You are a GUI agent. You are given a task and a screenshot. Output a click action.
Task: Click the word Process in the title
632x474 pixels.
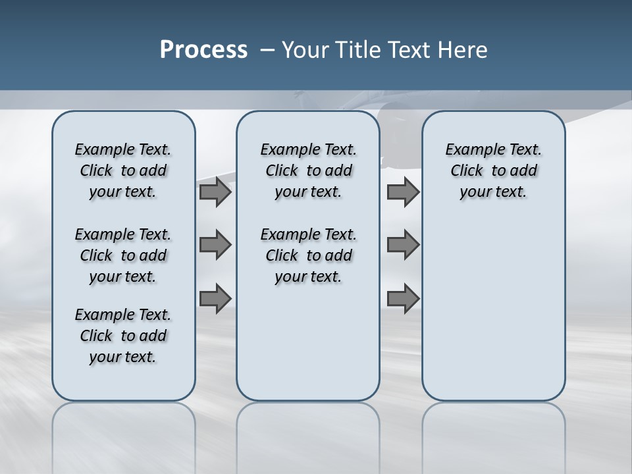pos(203,50)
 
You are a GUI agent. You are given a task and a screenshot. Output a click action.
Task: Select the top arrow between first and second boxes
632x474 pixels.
pos(215,192)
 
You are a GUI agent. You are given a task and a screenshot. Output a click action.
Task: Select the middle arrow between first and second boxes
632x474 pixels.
pos(215,245)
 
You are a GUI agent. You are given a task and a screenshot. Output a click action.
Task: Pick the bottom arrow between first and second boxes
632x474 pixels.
pos(215,298)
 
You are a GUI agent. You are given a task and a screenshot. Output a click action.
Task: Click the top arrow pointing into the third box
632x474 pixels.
pos(402,192)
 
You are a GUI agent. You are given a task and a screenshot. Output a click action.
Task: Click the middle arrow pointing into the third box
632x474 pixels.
pos(402,245)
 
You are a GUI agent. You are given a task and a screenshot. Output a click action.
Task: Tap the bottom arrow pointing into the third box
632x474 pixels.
pos(402,298)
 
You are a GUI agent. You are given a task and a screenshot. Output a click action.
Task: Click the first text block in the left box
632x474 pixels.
pos(123,171)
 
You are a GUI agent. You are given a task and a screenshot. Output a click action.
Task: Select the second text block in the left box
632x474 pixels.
pos(123,255)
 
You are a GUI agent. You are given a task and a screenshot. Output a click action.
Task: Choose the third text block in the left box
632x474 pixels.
pos(123,336)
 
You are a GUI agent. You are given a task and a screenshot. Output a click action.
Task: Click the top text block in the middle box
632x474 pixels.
pos(308,171)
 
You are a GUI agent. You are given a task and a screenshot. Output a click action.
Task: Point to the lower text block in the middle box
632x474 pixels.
pos(308,255)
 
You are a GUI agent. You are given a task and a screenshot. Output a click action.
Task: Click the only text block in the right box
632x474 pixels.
pos(493,171)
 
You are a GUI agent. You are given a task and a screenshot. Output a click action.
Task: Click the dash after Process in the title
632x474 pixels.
pos(267,50)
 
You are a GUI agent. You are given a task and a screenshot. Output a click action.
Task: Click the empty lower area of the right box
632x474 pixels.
pos(493,309)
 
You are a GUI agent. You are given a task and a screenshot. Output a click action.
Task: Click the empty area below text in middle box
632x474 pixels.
pos(308,342)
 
